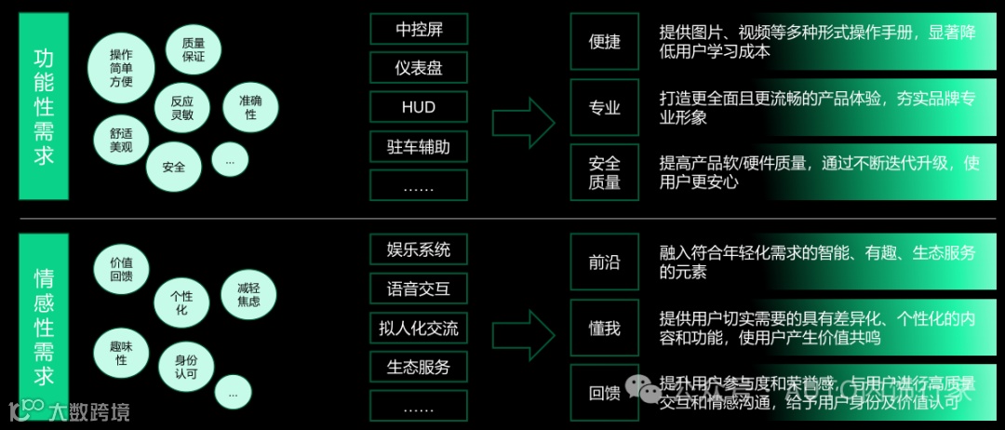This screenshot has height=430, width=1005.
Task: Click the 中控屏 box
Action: (418, 29)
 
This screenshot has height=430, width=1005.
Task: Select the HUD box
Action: (418, 107)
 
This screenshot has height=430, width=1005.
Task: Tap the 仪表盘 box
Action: (418, 68)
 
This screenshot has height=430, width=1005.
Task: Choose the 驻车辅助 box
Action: (418, 146)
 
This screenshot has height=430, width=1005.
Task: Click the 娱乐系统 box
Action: (418, 249)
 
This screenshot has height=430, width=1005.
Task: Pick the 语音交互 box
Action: (418, 289)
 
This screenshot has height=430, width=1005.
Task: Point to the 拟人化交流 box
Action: (418, 328)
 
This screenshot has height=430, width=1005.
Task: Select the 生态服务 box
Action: (418, 367)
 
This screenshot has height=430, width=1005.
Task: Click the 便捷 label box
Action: (604, 42)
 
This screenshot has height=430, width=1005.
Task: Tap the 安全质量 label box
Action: (604, 172)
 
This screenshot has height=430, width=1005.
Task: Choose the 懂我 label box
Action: (604, 329)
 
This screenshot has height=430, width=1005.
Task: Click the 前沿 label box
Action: (604, 262)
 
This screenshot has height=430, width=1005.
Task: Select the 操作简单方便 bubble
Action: (121, 68)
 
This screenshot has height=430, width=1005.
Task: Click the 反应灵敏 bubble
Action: (181, 106)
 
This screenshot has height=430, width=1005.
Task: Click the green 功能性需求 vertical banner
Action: (43, 107)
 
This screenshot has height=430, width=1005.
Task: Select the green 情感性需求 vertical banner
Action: (43, 322)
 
